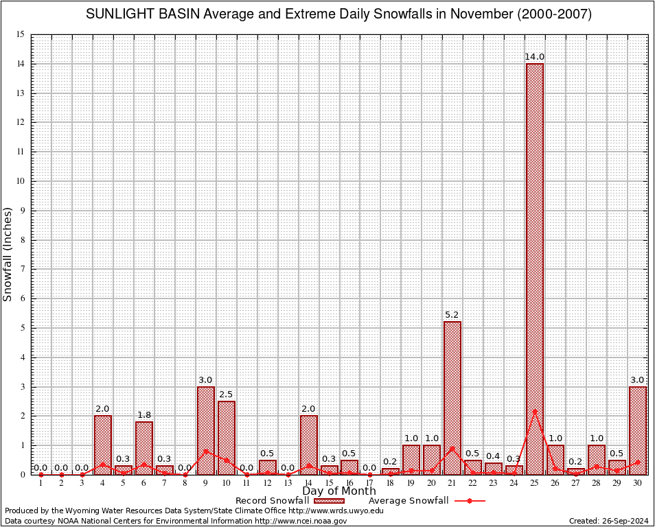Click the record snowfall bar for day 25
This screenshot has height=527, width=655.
click(x=534, y=268)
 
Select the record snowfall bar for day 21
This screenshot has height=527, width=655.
click(x=452, y=398)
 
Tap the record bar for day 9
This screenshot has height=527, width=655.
click(x=206, y=430)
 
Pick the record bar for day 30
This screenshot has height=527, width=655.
click(x=637, y=430)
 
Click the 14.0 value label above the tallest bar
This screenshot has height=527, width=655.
click(x=534, y=57)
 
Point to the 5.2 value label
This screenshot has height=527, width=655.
click(x=452, y=315)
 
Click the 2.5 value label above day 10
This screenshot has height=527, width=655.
click(x=227, y=395)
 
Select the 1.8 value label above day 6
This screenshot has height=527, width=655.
click(x=144, y=415)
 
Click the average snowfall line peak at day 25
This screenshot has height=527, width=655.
click(x=534, y=411)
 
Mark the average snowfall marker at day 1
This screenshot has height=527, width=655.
click(x=41, y=474)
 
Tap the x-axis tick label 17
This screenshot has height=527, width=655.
click(x=370, y=484)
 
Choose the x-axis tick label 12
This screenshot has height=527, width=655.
click(x=267, y=484)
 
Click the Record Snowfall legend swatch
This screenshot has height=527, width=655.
click(x=330, y=501)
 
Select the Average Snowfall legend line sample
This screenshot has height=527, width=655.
click(x=469, y=501)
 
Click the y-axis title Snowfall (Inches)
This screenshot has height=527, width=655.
click(x=8, y=255)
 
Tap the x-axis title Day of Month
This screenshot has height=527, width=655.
click(x=338, y=491)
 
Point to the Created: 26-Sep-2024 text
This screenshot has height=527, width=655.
click(x=608, y=521)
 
